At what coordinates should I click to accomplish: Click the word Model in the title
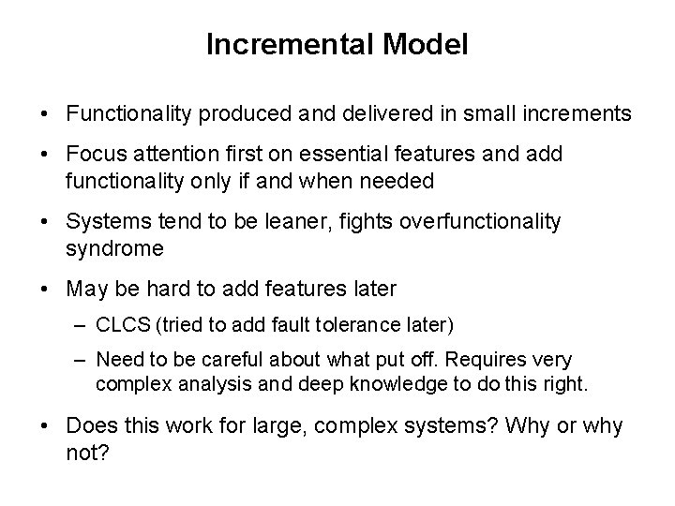pos(433,45)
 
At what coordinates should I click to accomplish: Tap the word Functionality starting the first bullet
pos(126,114)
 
